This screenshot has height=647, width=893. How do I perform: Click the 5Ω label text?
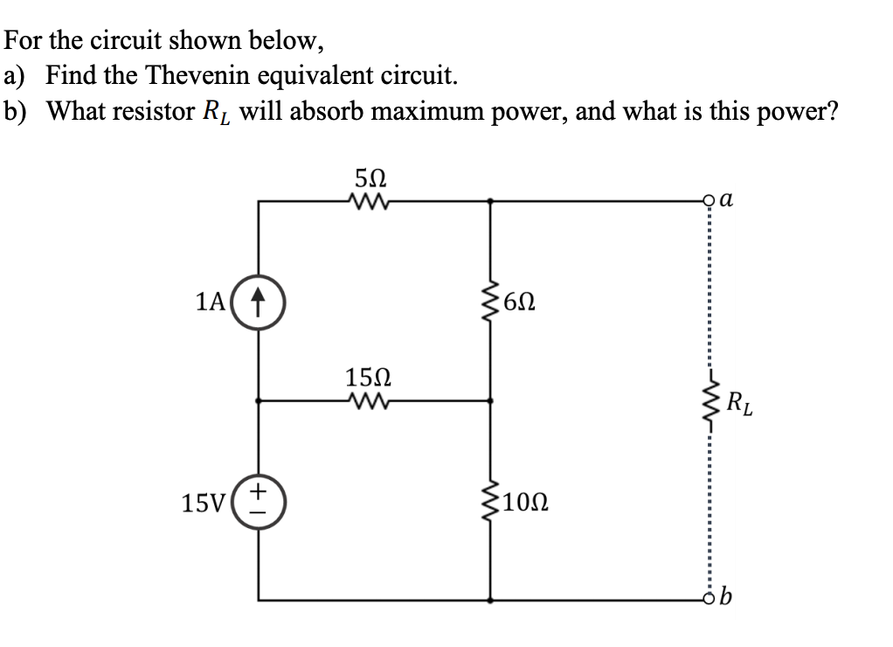click(x=367, y=177)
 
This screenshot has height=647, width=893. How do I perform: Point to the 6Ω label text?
click(x=516, y=303)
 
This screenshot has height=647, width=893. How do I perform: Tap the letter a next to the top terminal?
click(x=732, y=199)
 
